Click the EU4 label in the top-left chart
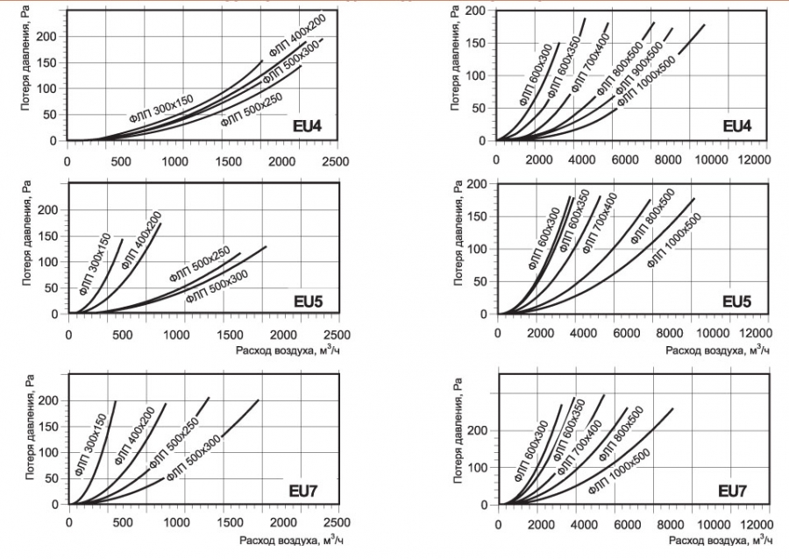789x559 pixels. (307, 128)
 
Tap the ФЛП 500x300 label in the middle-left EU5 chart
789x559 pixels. (217, 286)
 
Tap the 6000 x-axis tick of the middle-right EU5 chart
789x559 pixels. (626, 335)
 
